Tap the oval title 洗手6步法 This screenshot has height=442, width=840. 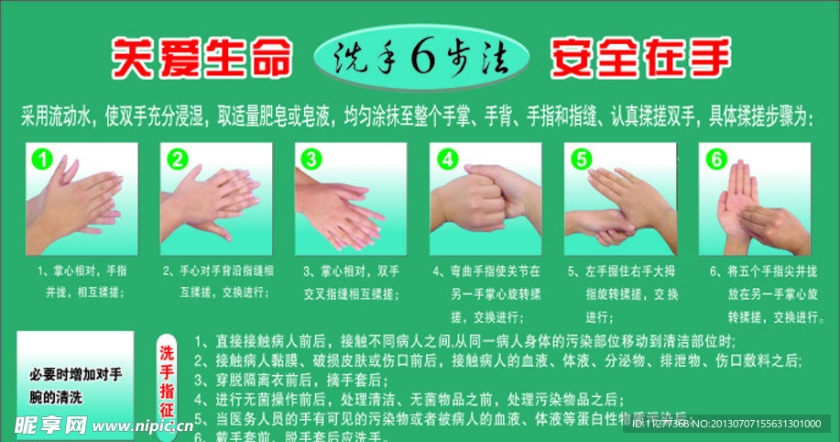[421, 58]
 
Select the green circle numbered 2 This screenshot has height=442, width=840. [177, 160]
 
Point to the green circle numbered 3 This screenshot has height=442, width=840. [311, 160]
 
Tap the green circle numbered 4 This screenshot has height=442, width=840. [446, 160]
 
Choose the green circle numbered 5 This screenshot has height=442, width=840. [581, 160]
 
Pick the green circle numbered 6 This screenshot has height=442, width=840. [715, 160]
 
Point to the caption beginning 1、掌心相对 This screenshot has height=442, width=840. [81, 282]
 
